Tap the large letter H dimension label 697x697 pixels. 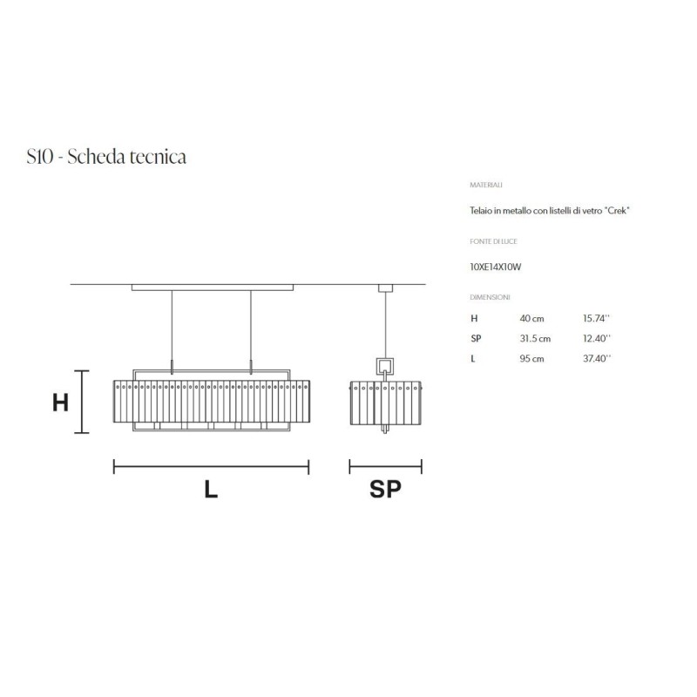click(x=60, y=403)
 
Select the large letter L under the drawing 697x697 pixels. click(x=211, y=491)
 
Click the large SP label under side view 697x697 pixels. click(x=385, y=491)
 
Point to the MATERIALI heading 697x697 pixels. click(x=485, y=186)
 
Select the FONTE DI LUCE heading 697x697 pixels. click(x=493, y=241)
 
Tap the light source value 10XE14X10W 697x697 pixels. click(x=495, y=267)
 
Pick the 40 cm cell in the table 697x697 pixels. click(x=531, y=319)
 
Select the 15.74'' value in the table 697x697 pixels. click(x=597, y=319)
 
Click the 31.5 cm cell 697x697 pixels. click(x=535, y=339)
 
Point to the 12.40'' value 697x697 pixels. click(x=597, y=339)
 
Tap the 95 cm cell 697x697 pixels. click(x=531, y=359)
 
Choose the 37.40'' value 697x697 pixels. click(x=597, y=359)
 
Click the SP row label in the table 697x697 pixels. click(x=476, y=339)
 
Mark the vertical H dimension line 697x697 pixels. click(x=83, y=402)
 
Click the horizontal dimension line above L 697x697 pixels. click(x=211, y=468)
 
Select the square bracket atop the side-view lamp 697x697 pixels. click(x=384, y=366)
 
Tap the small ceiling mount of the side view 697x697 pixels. click(x=384, y=288)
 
